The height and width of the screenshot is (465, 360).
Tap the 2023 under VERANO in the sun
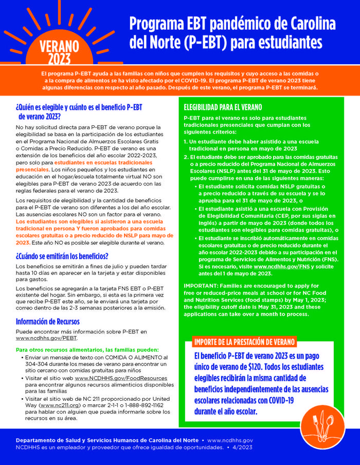tap(60, 58)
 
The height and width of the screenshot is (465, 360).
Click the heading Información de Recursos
tap(47, 322)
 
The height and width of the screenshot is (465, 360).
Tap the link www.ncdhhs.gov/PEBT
tap(42, 339)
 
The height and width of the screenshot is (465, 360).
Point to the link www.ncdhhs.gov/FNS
tap(280, 267)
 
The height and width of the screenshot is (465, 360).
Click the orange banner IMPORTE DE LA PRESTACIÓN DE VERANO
tap(244, 342)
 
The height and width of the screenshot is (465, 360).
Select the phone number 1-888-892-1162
tap(148, 405)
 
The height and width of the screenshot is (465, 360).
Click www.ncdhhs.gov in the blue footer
tap(230, 441)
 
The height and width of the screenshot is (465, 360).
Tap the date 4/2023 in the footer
tap(242, 448)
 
